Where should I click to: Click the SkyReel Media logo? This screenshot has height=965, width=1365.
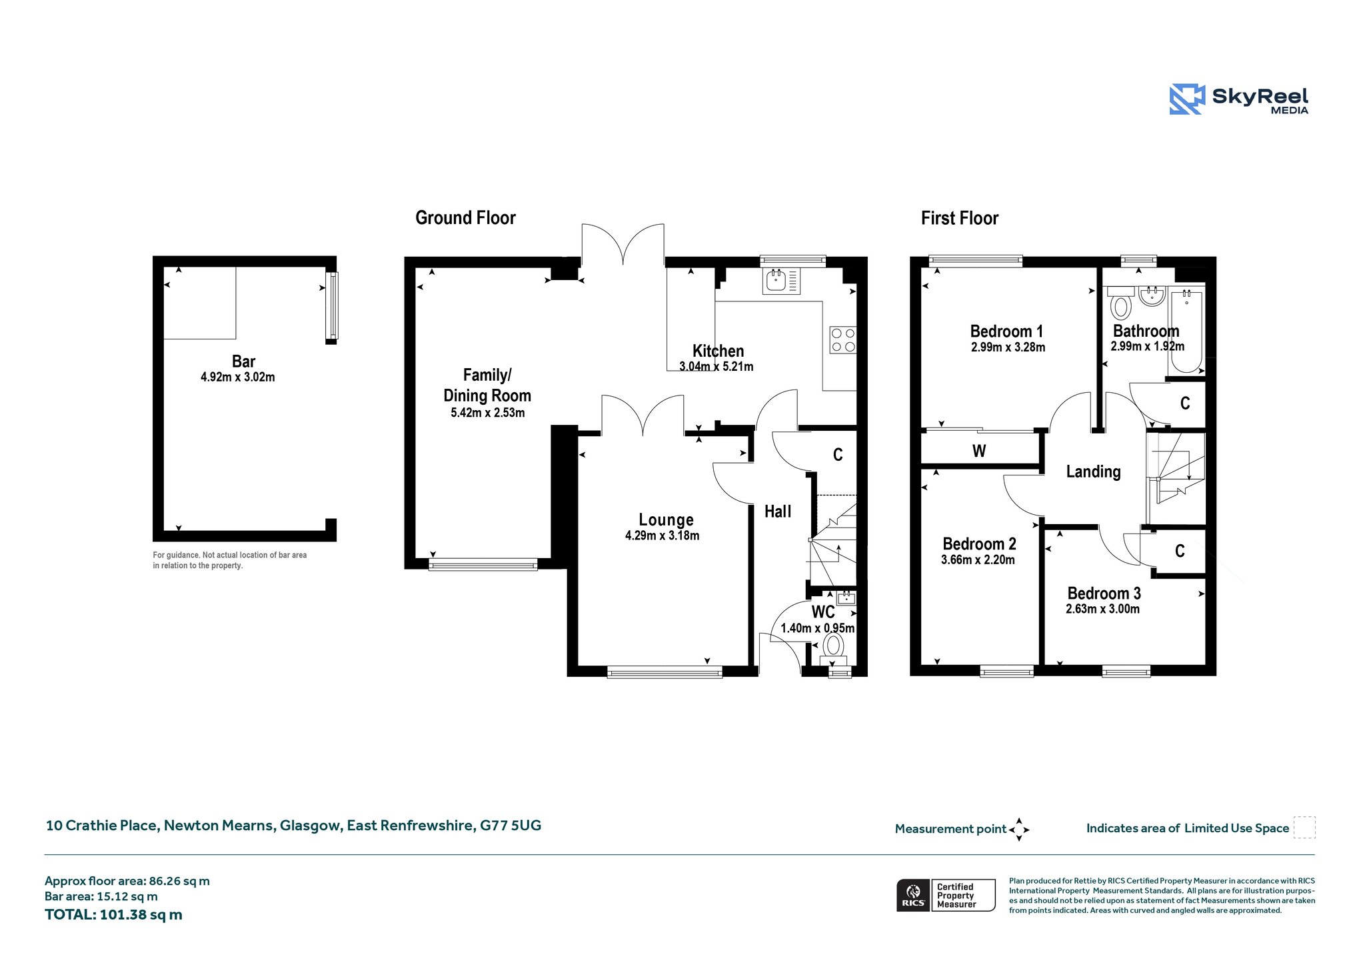[1238, 99]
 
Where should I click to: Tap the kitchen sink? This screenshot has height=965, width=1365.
[781, 281]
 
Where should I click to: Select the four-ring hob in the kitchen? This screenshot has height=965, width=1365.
[842, 340]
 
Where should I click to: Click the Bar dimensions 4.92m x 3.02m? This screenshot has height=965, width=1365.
[238, 377]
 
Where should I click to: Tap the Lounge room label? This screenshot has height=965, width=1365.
[666, 520]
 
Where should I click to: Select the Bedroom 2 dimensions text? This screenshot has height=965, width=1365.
[978, 560]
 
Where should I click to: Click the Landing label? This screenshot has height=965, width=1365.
[1093, 471]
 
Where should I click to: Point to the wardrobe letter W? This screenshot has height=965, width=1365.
[979, 451]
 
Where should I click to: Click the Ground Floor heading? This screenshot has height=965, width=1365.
[465, 218]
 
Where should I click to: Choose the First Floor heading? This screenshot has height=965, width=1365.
[960, 218]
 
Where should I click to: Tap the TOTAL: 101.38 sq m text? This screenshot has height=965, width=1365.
[113, 914]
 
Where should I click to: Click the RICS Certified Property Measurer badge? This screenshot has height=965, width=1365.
[946, 895]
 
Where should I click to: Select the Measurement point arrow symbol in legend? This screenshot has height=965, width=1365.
[1019, 830]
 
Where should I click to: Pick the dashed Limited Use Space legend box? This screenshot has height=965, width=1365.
[1304, 827]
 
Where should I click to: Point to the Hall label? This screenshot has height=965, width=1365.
[778, 512]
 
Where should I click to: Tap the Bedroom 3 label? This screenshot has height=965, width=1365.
[1104, 593]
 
